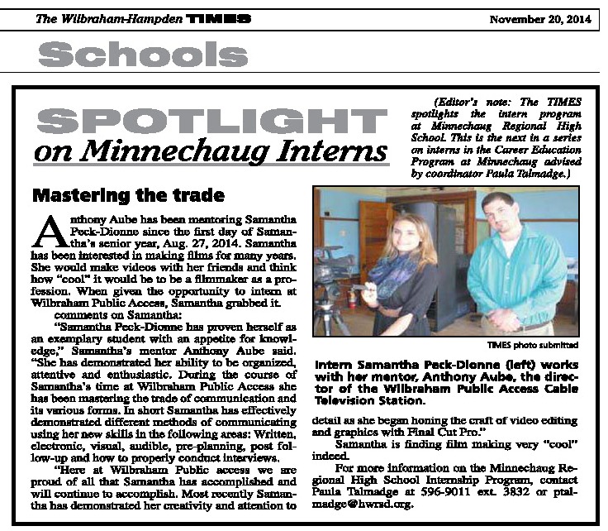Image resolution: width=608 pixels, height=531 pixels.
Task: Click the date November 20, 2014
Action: pyautogui.click(x=542, y=19)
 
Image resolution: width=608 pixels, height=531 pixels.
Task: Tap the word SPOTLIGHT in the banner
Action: pyautogui.click(x=211, y=120)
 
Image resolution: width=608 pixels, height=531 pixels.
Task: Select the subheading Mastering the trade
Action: pyautogui.click(x=127, y=196)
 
